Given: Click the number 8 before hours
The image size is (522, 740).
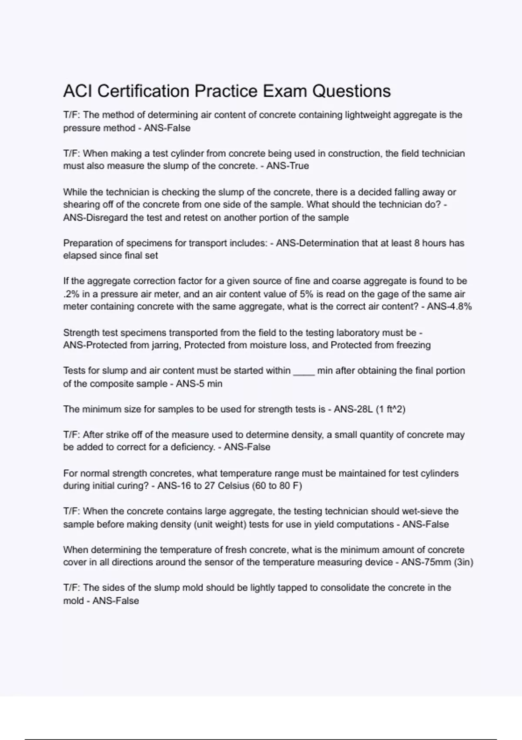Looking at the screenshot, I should [417, 243].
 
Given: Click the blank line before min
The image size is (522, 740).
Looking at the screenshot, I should [304, 371].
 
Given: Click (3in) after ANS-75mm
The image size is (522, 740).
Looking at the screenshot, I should [463, 562].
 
